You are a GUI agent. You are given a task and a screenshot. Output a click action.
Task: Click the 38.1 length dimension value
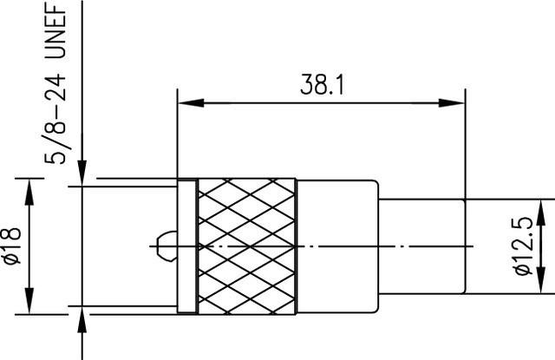(x=321, y=85)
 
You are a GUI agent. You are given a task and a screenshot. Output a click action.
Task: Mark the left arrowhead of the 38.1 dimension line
(x=185, y=104)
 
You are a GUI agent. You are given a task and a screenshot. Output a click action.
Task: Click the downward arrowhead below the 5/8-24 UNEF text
(x=82, y=174)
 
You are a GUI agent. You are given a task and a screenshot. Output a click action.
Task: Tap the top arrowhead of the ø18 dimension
(x=30, y=187)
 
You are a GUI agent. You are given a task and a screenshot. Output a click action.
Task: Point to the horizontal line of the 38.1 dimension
(x=260, y=104)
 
